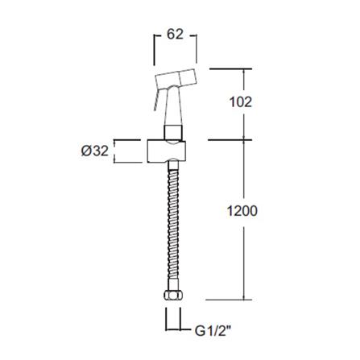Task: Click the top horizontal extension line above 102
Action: click(x=234, y=68)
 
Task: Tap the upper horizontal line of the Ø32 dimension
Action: click(x=121, y=139)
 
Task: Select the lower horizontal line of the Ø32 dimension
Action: click(x=121, y=162)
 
